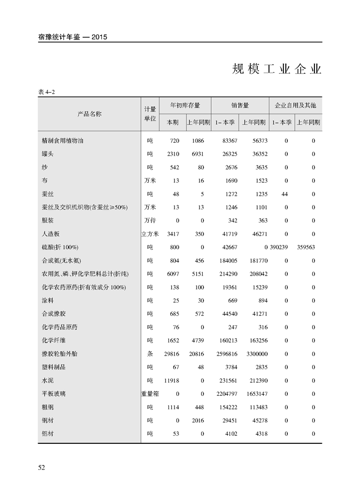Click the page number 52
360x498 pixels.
pyautogui.click(x=42, y=467)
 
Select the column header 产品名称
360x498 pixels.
pyautogui.click(x=89, y=114)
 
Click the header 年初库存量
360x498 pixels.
pyautogui.click(x=185, y=105)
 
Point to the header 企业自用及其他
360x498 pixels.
pyautogui.click(x=295, y=105)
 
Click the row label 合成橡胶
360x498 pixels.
pyautogui.click(x=54, y=314)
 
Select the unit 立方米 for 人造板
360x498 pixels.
pyautogui.click(x=150, y=234)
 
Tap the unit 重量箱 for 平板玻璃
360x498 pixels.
pyautogui.click(x=150, y=394)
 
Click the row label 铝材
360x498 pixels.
pyautogui.click(x=48, y=433)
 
